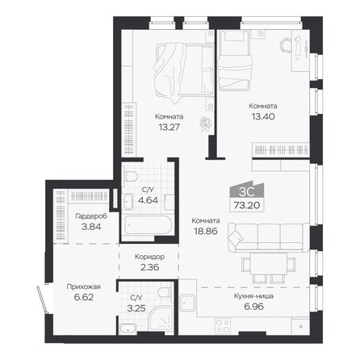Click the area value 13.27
click(x=169, y=128)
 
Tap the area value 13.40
click(x=263, y=116)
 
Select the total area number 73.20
click(x=247, y=206)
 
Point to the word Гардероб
click(x=91, y=216)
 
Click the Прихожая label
click(x=84, y=287)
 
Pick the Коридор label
click(x=149, y=257)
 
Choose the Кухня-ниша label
click(x=253, y=296)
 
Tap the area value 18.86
click(x=206, y=231)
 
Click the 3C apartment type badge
click(x=247, y=191)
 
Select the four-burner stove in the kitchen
click(x=223, y=326)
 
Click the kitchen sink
click(x=187, y=303)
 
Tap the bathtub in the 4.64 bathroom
click(x=148, y=225)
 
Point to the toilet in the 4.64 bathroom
click(x=130, y=176)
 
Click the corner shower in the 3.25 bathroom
click(x=161, y=320)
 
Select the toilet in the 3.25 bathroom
click(x=164, y=292)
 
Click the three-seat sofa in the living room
click(x=268, y=237)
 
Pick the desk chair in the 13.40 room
click(x=286, y=44)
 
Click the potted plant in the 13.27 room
click(x=206, y=124)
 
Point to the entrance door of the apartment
click(x=43, y=299)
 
